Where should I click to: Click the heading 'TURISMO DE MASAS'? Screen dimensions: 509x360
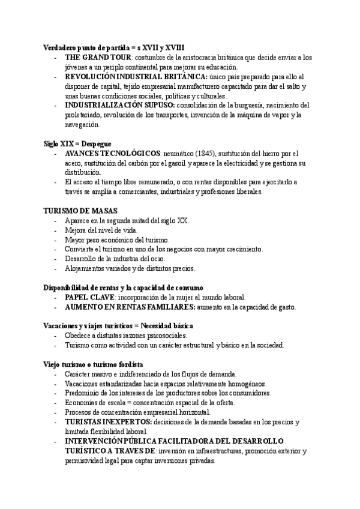click(80, 211)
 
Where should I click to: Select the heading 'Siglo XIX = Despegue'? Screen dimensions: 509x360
click(77, 144)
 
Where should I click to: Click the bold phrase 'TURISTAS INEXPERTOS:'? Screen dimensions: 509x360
click(107, 422)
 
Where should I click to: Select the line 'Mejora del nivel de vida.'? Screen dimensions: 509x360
click(101, 230)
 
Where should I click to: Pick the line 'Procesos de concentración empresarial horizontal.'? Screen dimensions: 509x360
click(137, 412)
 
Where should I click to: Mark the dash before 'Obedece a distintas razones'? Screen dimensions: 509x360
click(56, 336)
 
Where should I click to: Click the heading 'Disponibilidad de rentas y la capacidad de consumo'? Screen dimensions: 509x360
click(123, 288)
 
